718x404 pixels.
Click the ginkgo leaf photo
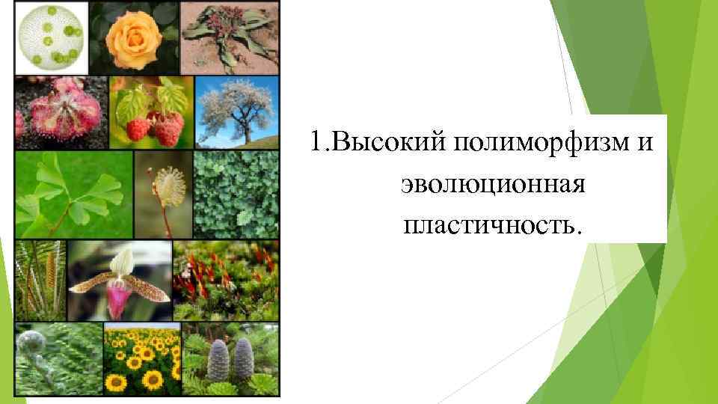click(73, 195)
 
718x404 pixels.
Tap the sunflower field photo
click(141, 359)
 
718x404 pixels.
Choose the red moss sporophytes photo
click(225, 281)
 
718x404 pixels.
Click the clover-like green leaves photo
click(236, 195)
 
